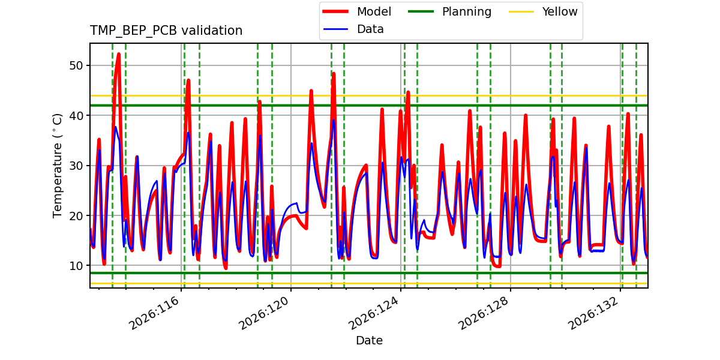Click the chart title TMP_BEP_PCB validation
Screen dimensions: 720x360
[166, 31]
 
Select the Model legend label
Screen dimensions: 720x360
[374, 11]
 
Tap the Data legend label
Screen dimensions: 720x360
[370, 29]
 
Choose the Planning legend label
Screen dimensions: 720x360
[467, 11]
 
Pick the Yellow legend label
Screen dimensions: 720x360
[560, 11]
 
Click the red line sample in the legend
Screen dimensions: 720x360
[335, 11]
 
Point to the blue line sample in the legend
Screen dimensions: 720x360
[335, 29]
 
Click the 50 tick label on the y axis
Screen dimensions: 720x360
[76, 65]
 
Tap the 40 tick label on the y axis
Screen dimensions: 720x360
[76, 116]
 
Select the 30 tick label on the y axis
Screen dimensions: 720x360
[76, 166]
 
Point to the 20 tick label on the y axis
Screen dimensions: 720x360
[76, 215]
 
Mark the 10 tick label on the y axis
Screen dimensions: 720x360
[76, 266]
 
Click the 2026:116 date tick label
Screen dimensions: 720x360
[154, 313]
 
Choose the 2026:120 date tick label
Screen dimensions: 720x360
[263, 313]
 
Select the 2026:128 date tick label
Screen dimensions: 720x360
[483, 313]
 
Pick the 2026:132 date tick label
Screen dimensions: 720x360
[593, 313]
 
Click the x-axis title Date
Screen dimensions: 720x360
[369, 340]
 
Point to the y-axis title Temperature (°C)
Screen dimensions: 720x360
[57, 166]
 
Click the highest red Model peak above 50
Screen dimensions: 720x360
[119, 55]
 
